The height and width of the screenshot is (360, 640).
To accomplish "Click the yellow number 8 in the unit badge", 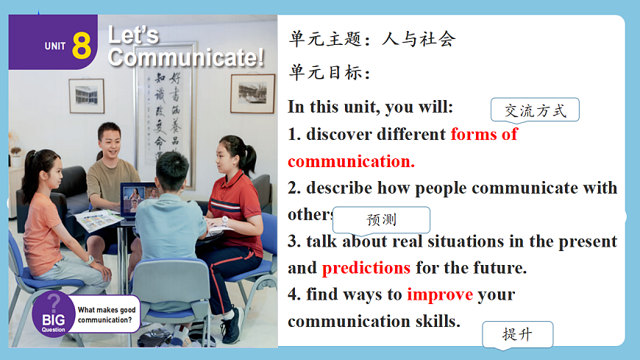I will (x=82, y=46).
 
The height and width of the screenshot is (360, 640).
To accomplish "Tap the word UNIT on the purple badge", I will (x=55, y=46).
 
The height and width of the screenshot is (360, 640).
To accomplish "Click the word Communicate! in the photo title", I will (x=186, y=58).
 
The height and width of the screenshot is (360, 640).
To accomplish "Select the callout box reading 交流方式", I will (x=535, y=110).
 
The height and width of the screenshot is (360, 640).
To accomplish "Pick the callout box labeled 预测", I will (x=381, y=219).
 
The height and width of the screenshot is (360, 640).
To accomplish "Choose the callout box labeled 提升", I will (x=516, y=335).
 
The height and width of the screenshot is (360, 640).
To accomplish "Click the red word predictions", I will (x=366, y=268).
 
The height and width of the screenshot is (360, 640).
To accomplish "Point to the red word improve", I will (x=440, y=294).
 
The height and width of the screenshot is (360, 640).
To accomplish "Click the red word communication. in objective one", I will (x=351, y=161).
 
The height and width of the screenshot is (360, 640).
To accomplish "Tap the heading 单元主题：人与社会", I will (x=372, y=39).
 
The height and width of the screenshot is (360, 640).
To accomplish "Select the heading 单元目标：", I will (x=330, y=73).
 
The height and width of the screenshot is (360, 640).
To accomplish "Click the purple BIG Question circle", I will (x=53, y=312).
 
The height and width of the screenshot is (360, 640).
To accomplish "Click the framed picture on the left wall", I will (x=86, y=95).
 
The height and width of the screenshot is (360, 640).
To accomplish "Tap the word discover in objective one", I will (x=339, y=134).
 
